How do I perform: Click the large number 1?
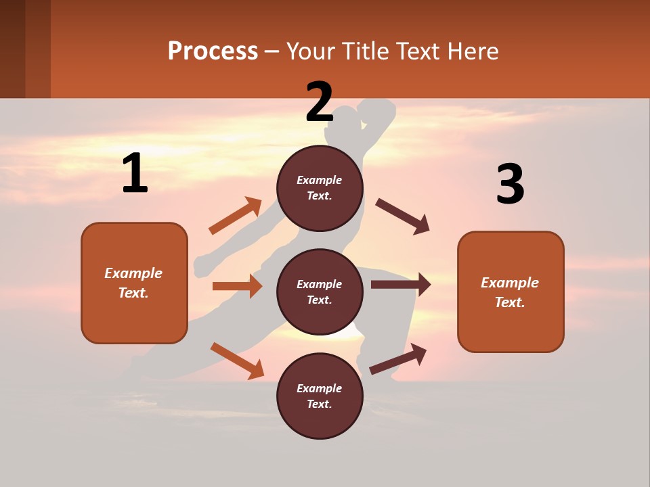(135, 173)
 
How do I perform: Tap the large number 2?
(320, 102)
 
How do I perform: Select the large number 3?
(510, 185)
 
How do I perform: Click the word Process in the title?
(213, 51)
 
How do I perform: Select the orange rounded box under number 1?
(134, 283)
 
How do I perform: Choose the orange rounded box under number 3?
(511, 292)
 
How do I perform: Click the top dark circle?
(320, 188)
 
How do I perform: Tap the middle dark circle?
(320, 292)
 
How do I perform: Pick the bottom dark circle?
(320, 396)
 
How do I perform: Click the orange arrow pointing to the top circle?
(236, 216)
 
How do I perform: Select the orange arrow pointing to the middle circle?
(237, 286)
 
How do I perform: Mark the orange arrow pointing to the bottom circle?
(237, 361)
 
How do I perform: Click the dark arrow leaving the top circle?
(403, 216)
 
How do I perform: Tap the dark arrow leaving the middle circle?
(400, 285)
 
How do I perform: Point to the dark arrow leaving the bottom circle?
(398, 359)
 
